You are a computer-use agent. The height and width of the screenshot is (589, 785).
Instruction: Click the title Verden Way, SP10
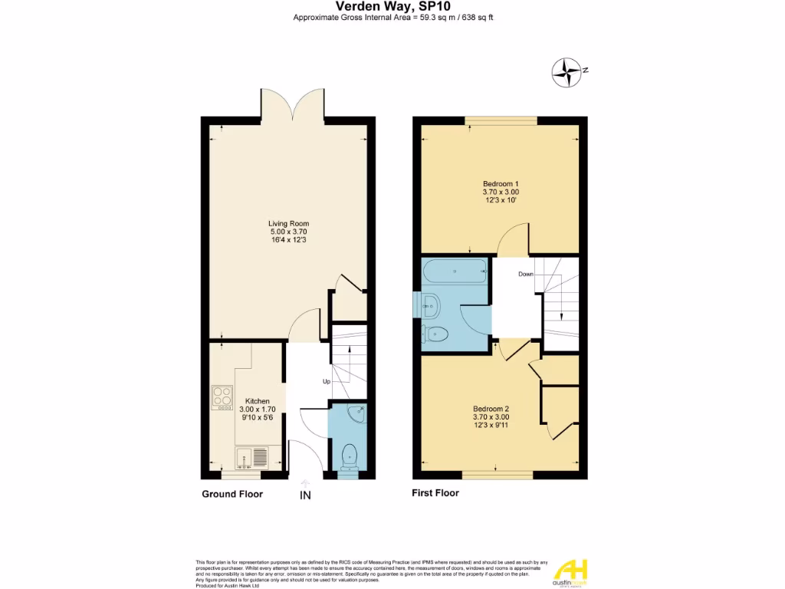392,7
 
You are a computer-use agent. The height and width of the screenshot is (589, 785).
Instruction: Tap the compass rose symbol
568,73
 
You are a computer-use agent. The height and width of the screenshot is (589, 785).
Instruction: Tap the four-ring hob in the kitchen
222,397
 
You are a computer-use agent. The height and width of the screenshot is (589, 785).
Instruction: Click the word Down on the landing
526,274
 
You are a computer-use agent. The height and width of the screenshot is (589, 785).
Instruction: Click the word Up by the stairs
327,381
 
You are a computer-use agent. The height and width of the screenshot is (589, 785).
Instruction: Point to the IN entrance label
305,496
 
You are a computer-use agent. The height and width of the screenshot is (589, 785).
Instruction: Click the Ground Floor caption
232,494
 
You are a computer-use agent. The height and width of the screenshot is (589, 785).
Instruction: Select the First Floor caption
435,493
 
